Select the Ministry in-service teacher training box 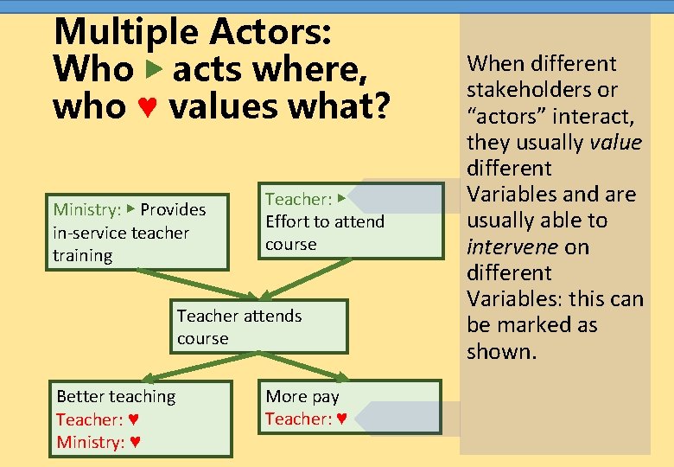(x=137, y=232)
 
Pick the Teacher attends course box (x=258, y=326)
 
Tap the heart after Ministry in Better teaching (x=135, y=443)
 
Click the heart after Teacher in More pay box (x=341, y=419)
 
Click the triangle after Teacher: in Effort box (x=341, y=199)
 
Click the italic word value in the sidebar (x=614, y=142)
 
